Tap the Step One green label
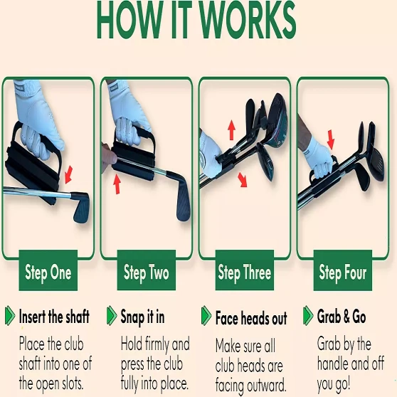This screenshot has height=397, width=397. [48, 270]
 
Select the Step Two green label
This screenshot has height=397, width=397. [147, 270]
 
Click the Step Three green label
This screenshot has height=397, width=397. [245, 270]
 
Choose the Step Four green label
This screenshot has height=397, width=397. [343, 270]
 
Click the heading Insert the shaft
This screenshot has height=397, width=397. [54, 317]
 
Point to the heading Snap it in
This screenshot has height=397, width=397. [142, 317]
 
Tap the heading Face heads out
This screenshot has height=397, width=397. [251, 318]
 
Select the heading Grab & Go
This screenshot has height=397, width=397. [342, 317]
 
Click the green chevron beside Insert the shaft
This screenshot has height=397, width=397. [10, 315]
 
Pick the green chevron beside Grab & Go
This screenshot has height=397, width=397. [308, 315]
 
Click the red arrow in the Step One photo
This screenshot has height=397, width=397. [68, 175]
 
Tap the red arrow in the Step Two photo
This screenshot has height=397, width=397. [117, 184]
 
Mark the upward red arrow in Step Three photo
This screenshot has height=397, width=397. [231, 130]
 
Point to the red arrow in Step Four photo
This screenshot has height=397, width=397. [331, 139]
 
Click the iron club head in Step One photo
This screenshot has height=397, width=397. [80, 207]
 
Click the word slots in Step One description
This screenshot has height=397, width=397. [72, 384]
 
